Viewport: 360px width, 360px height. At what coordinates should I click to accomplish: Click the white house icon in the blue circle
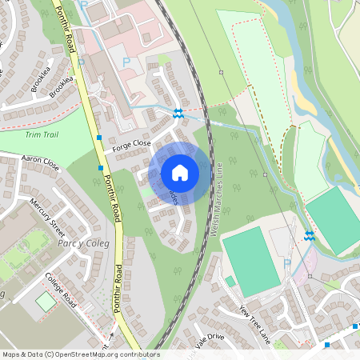[180, 172]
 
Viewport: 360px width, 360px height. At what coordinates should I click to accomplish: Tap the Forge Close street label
[131, 144]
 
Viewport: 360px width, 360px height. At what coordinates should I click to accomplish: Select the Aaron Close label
[41, 163]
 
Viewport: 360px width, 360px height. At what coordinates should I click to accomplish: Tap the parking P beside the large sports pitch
[287, 262]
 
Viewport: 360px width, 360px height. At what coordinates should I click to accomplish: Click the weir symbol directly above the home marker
[178, 114]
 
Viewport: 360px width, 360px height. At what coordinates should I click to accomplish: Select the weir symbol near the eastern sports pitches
[309, 236]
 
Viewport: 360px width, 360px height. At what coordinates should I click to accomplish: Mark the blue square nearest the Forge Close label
[98, 137]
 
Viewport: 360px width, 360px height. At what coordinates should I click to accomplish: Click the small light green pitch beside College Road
[46, 302]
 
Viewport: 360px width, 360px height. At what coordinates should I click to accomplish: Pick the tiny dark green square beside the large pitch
[230, 281]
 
